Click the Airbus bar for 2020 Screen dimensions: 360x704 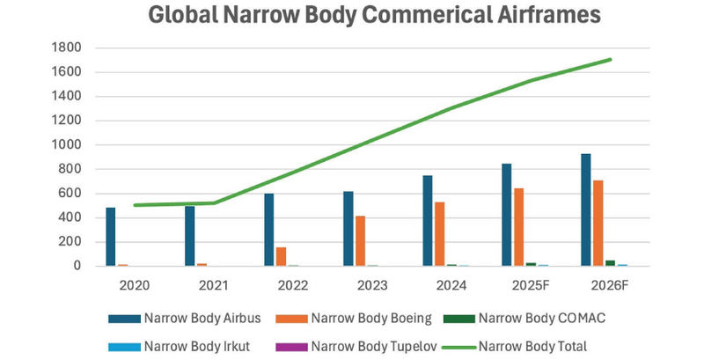click(111, 237)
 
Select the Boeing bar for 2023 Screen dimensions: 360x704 click(361, 240)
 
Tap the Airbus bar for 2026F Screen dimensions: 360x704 click(586, 209)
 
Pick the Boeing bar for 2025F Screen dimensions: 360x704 click(519, 227)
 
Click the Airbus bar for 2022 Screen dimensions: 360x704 click(269, 230)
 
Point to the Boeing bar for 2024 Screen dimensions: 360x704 click(440, 234)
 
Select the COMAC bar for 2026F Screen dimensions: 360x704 click(610, 262)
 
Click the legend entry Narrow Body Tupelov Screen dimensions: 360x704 click(373, 346)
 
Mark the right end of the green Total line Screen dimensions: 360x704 click(611, 60)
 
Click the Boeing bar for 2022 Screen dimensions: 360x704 click(282, 256)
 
